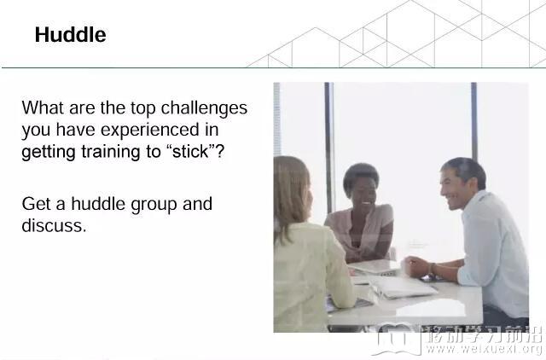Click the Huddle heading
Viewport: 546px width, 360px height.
70,34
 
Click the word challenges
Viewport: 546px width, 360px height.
204,108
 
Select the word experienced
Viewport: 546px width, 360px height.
150,131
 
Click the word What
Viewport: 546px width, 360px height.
44,107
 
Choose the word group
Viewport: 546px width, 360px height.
154,205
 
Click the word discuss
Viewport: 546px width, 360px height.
54,225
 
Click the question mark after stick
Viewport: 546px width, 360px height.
219,152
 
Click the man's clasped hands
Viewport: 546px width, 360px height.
416,267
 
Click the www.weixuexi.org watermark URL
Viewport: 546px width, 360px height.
484,349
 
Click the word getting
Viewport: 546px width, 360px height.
49,153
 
